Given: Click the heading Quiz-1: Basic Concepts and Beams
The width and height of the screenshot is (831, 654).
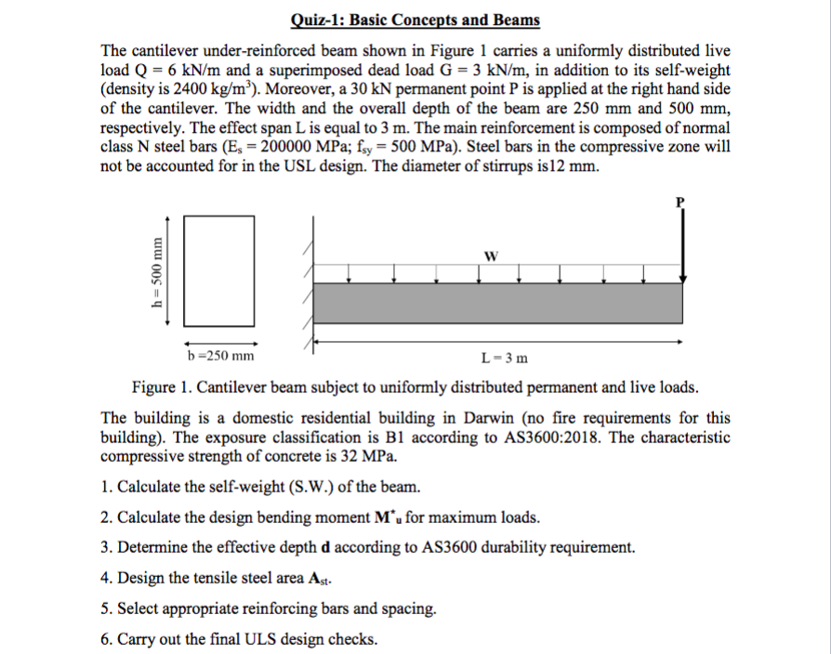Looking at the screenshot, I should pyautogui.click(x=415, y=20).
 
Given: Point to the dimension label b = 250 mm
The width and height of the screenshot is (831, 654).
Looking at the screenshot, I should pyautogui.click(x=220, y=356).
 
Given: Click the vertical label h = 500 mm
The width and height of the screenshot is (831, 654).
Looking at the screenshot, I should pyautogui.click(x=160, y=274).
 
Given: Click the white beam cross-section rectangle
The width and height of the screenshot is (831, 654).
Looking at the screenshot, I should pyautogui.click(x=219, y=269).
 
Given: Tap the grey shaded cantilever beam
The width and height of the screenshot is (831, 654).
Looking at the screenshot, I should pyautogui.click(x=499, y=301).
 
